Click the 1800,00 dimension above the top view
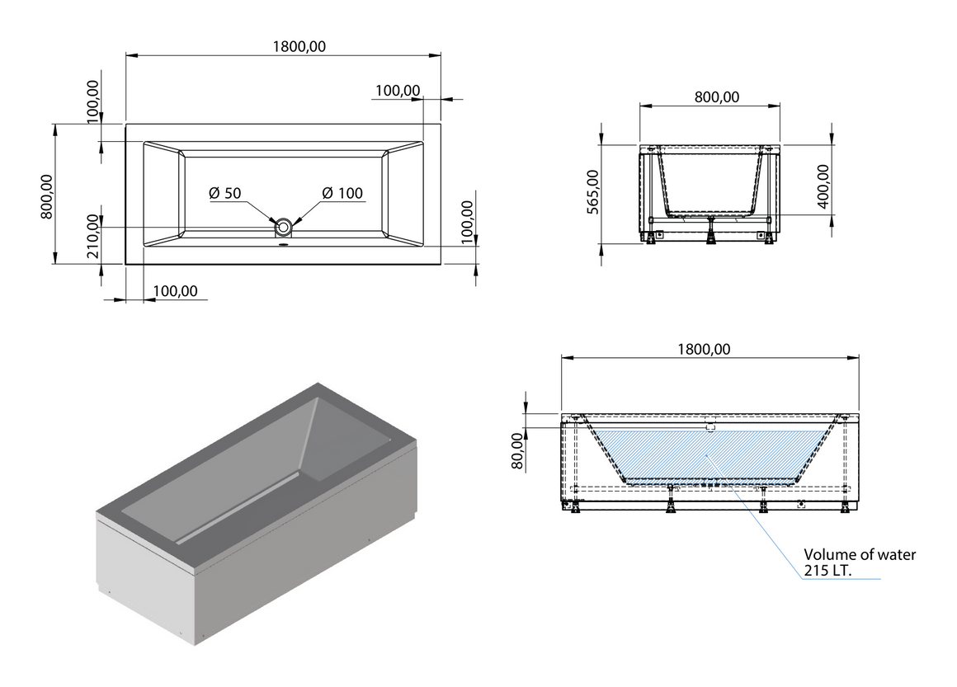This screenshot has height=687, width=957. click(299, 46)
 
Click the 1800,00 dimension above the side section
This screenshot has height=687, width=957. click(704, 349)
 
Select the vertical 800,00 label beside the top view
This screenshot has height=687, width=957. click(47, 196)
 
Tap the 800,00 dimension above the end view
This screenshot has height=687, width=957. click(717, 97)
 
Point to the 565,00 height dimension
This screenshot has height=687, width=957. click(592, 191)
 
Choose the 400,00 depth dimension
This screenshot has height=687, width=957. click(823, 186)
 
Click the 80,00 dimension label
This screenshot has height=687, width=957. click(517, 451)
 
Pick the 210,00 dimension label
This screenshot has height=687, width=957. click(92, 237)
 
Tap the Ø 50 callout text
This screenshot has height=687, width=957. click(224, 194)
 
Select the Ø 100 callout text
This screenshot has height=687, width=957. click(342, 194)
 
